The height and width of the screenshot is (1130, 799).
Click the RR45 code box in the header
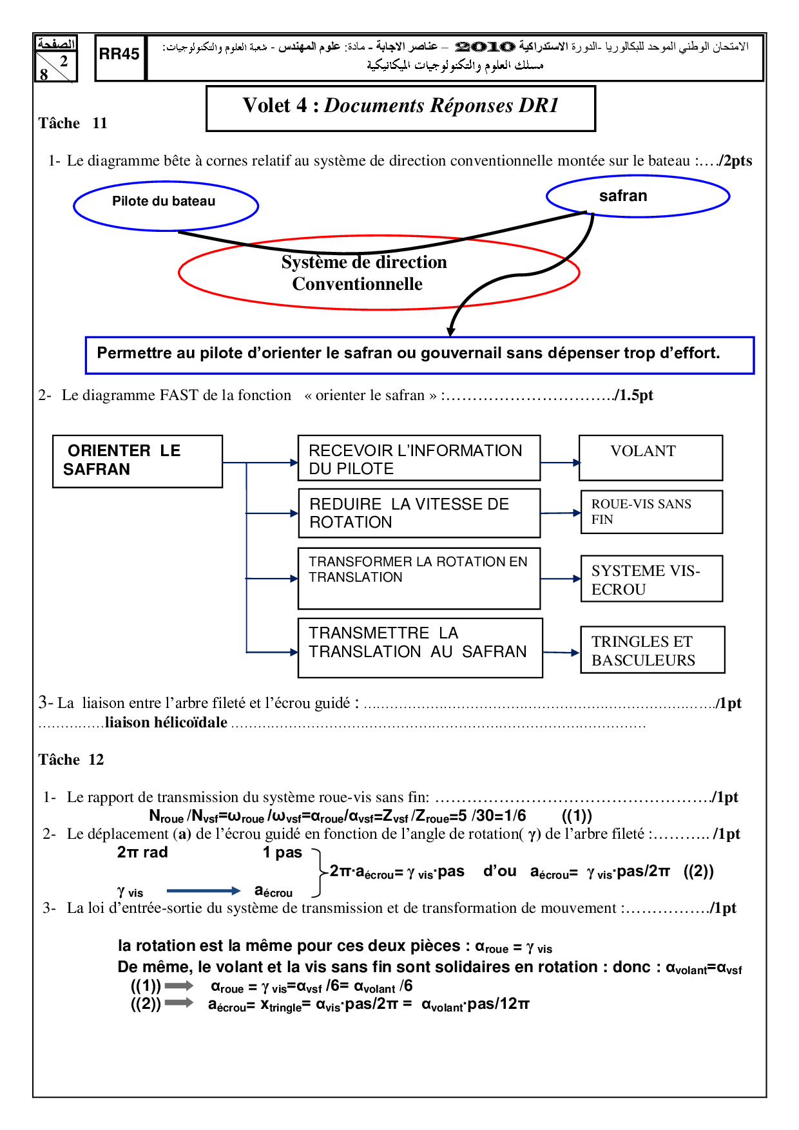click(119, 57)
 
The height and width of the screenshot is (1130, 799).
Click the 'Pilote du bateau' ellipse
click(166, 206)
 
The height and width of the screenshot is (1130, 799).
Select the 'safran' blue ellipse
click(637, 196)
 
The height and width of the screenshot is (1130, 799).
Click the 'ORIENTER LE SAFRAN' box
click(137, 461)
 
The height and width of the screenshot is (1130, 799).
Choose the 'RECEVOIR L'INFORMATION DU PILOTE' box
click(419, 458)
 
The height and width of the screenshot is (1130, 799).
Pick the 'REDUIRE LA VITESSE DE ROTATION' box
click(419, 513)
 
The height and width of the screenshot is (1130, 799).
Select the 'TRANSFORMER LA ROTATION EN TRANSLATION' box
click(419, 578)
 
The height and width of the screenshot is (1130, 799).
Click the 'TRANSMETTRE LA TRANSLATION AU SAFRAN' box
click(420, 647)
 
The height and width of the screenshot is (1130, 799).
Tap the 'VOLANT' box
click(650, 457)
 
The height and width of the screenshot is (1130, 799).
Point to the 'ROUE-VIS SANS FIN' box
click(651, 512)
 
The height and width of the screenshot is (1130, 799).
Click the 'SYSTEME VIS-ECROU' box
click(651, 579)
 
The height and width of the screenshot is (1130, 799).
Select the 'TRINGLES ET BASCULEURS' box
click(652, 649)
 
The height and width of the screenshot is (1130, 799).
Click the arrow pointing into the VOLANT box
click(560, 462)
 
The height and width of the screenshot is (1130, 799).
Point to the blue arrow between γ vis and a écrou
click(203, 891)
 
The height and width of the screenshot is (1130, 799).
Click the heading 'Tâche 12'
click(71, 760)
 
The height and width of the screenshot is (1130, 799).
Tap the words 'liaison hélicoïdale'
click(166, 723)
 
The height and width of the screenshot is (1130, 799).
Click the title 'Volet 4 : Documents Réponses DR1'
click(400, 106)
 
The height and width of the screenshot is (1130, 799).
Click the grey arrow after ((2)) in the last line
click(179, 1002)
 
